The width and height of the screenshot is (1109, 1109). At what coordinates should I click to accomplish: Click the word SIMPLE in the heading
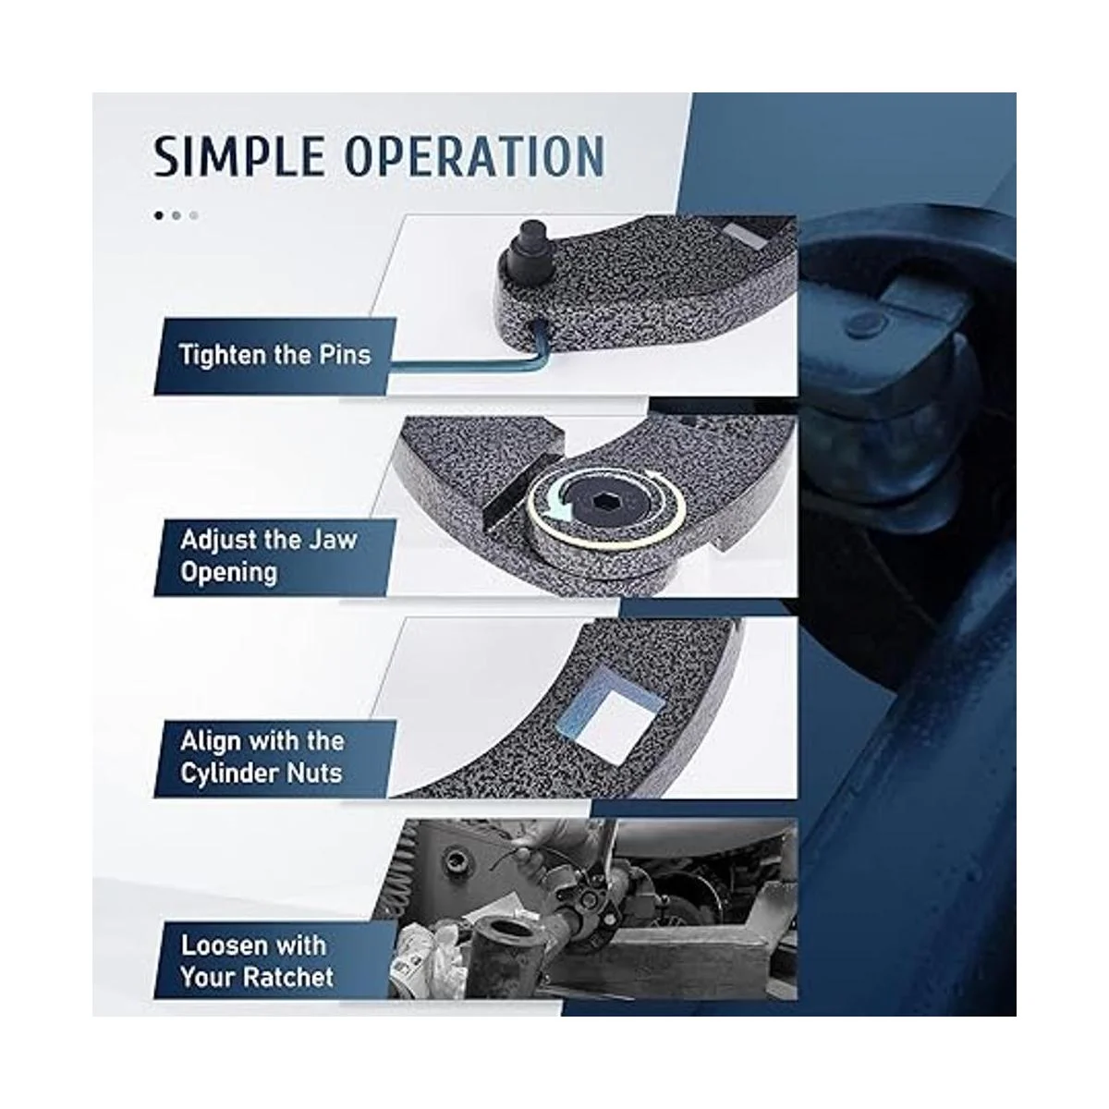tap(238, 156)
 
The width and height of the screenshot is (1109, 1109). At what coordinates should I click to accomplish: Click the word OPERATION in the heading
tap(475, 156)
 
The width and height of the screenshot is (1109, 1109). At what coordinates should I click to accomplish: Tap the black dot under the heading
tap(159, 216)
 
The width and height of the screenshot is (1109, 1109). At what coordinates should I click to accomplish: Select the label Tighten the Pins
tap(275, 355)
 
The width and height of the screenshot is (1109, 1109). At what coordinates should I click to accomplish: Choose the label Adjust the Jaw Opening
tap(269, 556)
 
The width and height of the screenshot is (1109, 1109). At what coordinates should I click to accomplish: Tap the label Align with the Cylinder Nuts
tap(262, 758)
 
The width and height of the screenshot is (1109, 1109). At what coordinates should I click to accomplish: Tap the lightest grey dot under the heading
tap(194, 216)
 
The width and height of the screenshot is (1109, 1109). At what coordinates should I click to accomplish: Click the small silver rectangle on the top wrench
tap(745, 236)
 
